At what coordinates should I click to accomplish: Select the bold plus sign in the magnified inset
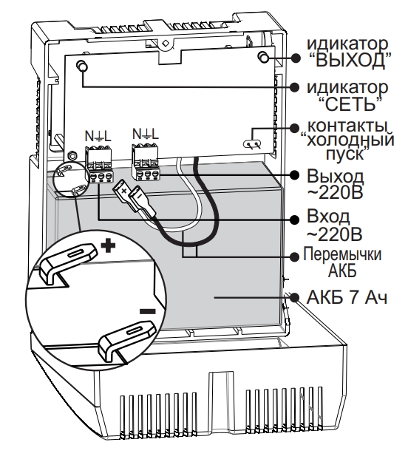[109, 244]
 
